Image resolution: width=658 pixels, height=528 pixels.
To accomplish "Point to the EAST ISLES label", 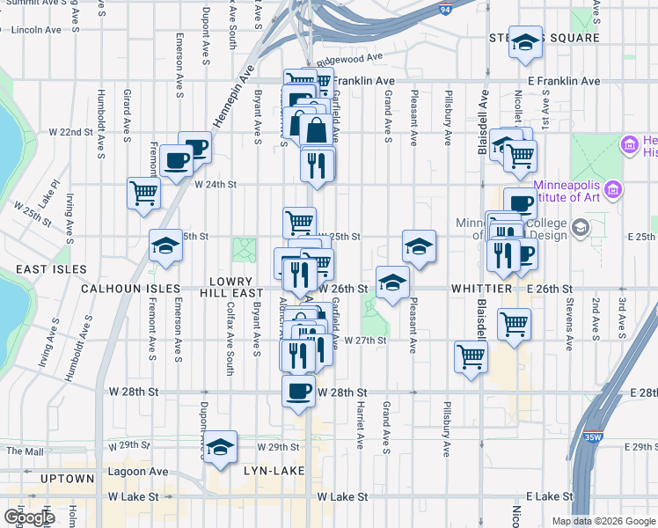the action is coord(32,269).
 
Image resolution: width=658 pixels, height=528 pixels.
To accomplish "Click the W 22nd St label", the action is coord(70,132).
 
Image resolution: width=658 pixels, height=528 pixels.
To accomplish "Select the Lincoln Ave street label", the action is coord(38,30).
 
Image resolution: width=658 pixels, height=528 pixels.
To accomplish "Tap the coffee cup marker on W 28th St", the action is coord(298,391).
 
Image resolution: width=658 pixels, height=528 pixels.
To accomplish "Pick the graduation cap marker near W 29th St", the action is coord(220,445).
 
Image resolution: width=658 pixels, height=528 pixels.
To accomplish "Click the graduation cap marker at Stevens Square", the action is coord(525,44).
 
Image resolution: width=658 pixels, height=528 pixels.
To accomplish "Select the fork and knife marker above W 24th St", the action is coord(316,165).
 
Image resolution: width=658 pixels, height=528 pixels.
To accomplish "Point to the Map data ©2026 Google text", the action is coord(603,521).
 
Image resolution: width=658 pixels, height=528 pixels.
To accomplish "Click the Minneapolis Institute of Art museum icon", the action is coord(614,189).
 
